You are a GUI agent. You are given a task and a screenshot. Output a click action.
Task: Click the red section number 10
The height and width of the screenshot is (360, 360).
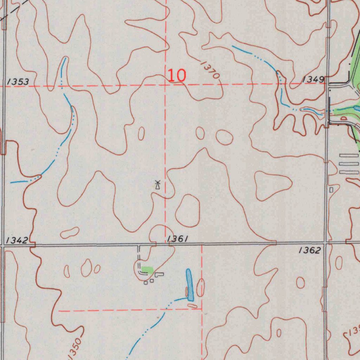pos(176,75)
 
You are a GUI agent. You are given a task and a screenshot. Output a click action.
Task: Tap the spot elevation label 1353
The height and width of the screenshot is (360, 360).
pos(18,82)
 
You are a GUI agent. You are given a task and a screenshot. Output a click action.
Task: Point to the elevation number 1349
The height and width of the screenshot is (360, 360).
pos(313,80)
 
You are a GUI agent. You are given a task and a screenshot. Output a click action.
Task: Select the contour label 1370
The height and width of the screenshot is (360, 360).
pos(211,69)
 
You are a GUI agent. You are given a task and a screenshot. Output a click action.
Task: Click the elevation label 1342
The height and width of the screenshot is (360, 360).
pos(17,240)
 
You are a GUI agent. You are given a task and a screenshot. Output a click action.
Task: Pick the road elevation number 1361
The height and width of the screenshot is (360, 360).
pos(178,239)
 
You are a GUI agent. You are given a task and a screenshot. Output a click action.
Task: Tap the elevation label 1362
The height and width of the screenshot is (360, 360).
pos(310,250)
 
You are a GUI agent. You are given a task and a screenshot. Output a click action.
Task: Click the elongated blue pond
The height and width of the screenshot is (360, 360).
pos(190,285)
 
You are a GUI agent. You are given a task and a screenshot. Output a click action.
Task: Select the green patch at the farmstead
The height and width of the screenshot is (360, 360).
pos(147,270)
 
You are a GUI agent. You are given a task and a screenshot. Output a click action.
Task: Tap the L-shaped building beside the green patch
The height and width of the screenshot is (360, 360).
pos(160,274)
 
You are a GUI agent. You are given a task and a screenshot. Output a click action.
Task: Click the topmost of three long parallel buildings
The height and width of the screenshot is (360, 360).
pos(349,155)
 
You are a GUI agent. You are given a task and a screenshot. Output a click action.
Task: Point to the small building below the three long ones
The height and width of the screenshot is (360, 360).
pos(331,190)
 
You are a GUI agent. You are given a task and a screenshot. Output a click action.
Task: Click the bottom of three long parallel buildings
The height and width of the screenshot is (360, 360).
pos(349,172)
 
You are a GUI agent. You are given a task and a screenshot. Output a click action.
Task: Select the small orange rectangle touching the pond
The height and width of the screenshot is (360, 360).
pos(187,291)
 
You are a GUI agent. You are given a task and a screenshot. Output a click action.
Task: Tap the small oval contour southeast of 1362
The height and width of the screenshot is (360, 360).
pos(301,282)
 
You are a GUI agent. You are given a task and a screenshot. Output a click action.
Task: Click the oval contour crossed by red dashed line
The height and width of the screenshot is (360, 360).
pos(200,288)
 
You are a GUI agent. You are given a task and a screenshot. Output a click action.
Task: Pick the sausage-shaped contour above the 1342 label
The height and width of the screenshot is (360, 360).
pos(70,232)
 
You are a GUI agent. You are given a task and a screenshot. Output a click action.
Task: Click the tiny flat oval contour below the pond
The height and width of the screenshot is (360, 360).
pos(192,306)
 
